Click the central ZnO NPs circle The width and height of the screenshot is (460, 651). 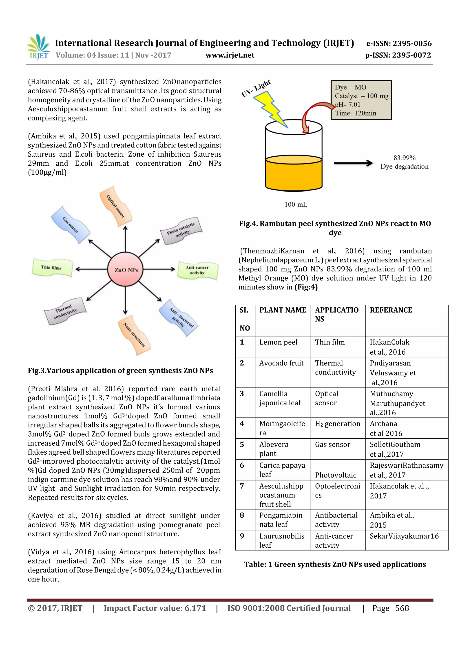pos(125,269)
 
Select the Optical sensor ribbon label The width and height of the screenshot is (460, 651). pos(116,206)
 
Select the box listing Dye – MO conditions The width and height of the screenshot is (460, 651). pos(361,100)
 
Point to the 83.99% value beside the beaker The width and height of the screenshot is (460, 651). pos(405,158)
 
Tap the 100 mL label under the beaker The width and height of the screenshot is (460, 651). pos(296,204)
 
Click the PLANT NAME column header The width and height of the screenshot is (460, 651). pos(283,310)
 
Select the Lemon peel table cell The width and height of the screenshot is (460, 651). pos(278,342)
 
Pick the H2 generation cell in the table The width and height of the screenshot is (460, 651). pos(337,424)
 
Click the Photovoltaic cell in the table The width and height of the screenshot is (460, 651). pos(336,475)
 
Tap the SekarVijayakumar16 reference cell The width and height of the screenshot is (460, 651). pos(404,536)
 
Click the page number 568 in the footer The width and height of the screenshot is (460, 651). pos(402,608)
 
